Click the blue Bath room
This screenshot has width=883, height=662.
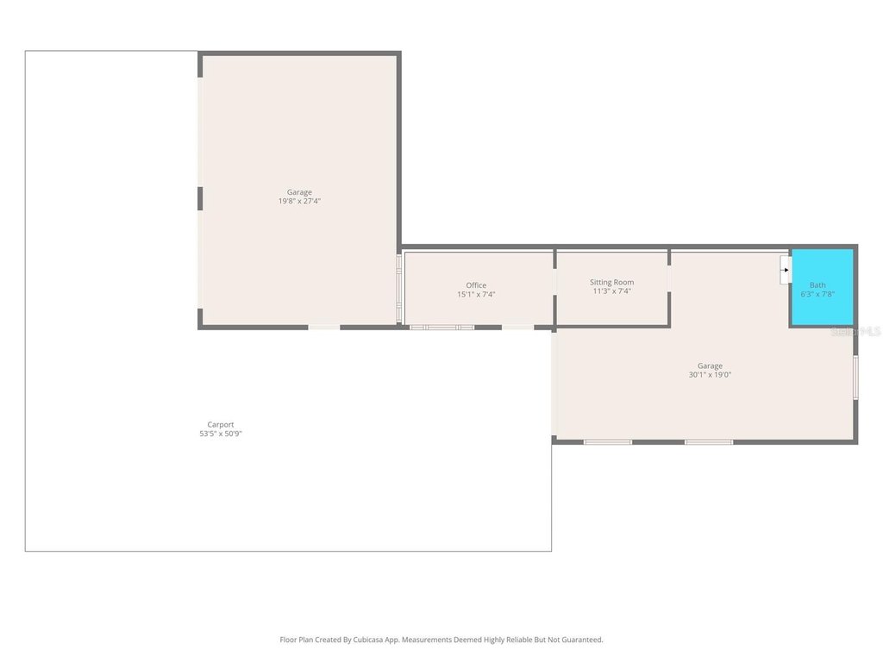(823, 287)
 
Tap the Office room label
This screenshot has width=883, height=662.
(476, 285)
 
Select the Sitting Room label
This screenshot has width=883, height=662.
(611, 282)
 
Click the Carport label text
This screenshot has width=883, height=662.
(220, 424)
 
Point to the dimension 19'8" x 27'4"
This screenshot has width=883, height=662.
(299, 201)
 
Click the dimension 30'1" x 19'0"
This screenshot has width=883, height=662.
(710, 374)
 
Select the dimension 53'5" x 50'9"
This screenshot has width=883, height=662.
(220, 434)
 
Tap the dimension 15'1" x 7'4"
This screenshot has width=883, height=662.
(476, 295)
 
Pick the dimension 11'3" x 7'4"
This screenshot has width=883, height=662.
(611, 291)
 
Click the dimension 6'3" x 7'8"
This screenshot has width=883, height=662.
(817, 294)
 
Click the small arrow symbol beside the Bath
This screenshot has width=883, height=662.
(786, 270)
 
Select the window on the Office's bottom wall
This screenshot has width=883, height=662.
(441, 327)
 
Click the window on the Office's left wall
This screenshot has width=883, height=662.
(398, 288)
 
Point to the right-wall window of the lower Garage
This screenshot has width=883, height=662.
(855, 378)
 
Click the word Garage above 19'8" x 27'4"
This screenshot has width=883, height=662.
(299, 192)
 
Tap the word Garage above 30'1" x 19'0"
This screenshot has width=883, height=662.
(710, 365)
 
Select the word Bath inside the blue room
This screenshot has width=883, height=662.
(817, 284)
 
